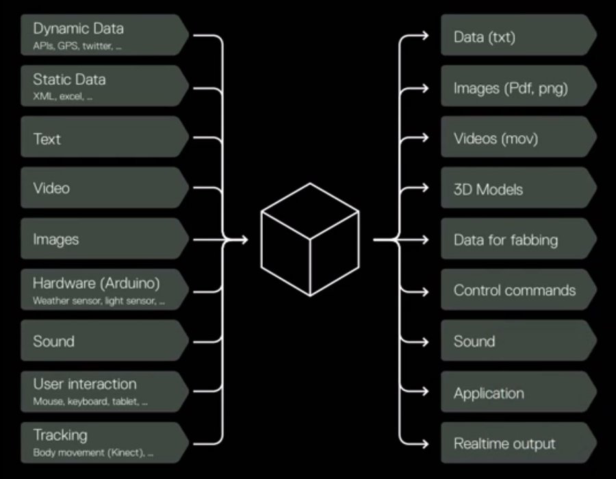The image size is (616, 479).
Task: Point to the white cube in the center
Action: [309, 239]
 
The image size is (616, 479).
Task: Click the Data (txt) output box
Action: [517, 36]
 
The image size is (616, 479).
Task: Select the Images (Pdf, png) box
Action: [517, 88]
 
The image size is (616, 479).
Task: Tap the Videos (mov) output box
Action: [517, 138]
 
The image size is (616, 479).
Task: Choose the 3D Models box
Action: [517, 189]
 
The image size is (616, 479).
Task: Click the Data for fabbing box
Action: [517, 239]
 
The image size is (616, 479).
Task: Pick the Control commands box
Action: [517, 290]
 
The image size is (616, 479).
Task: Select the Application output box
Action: [517, 393]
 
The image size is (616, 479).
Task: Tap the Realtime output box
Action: [517, 443]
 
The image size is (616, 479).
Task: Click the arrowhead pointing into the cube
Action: [243, 239]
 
